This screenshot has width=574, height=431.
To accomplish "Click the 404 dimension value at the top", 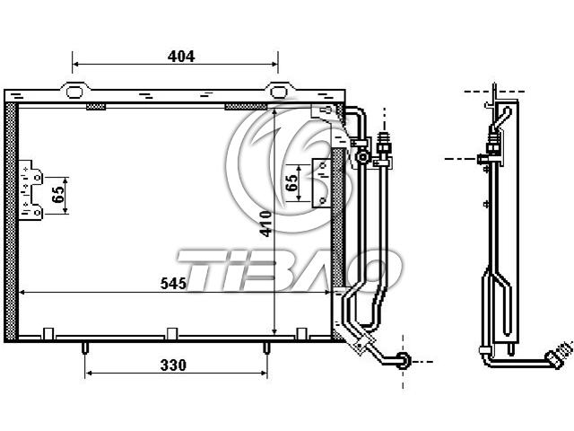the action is [181, 57].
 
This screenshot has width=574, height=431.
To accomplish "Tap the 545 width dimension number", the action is [173, 284].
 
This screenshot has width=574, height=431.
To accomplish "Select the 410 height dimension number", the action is [265, 224].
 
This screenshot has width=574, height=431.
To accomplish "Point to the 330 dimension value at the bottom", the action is [173, 365].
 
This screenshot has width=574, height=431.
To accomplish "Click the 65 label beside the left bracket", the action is [57, 195].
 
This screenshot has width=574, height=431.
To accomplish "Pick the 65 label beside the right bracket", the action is [291, 183].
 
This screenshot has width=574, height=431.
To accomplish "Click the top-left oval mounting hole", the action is [74, 92].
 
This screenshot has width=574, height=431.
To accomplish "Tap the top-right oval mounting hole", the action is [278, 92].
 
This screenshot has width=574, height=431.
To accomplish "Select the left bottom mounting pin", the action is [84, 347].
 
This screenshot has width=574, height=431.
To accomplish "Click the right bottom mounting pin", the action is [266, 347].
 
